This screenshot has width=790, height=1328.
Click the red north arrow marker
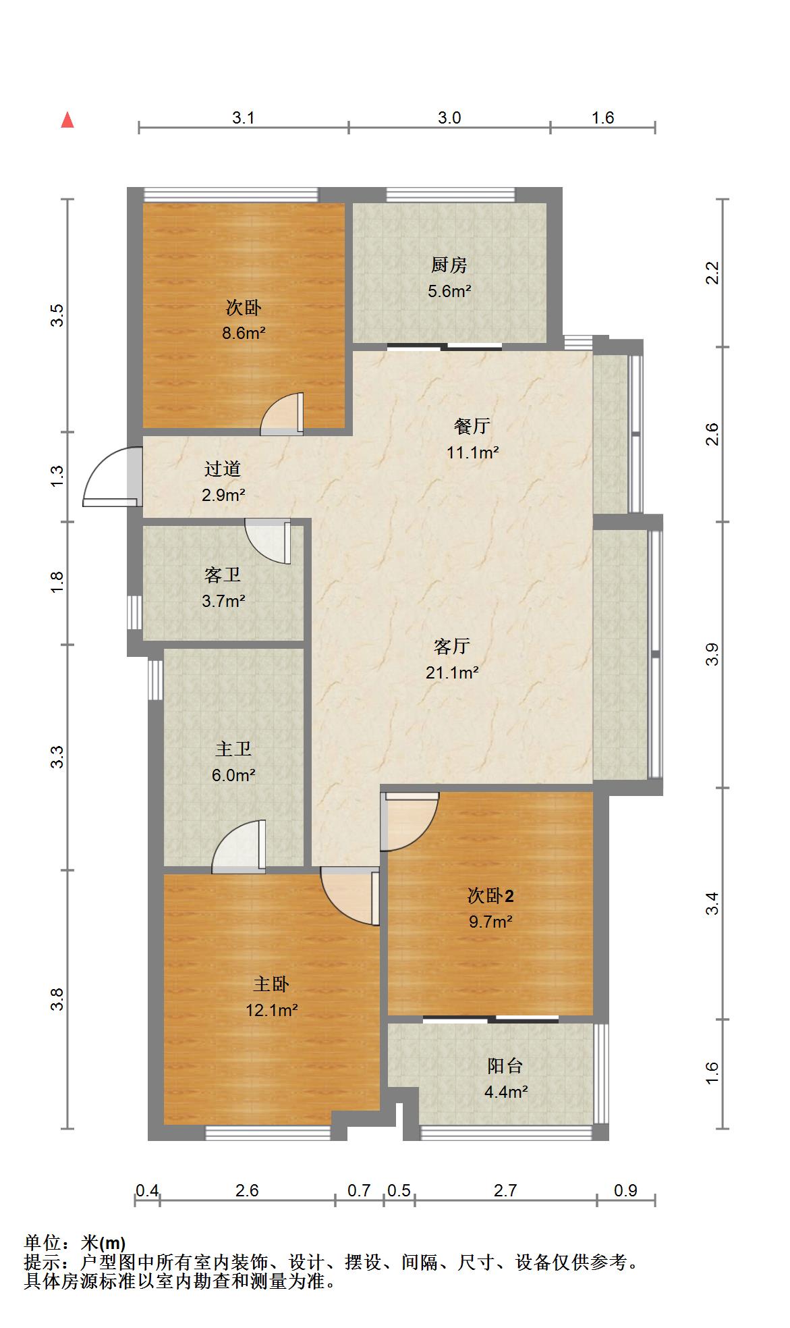(x=67, y=120)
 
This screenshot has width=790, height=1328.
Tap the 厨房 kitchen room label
(x=449, y=265)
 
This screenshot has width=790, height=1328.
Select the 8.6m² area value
(x=244, y=333)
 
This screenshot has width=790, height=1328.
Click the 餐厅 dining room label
(x=472, y=426)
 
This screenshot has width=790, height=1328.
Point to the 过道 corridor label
(x=223, y=469)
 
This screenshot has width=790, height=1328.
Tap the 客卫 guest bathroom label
(x=223, y=575)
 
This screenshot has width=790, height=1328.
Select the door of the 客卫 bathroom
(x=268, y=541)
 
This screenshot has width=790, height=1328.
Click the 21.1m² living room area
(x=452, y=672)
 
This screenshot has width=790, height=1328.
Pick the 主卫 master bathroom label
(x=233, y=749)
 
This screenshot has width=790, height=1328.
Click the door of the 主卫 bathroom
(x=239, y=846)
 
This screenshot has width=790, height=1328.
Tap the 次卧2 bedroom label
(x=491, y=896)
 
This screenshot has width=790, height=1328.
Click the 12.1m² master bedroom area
(x=272, y=1010)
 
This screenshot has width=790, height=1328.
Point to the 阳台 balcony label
(x=505, y=1066)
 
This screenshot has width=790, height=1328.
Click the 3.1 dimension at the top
(x=244, y=118)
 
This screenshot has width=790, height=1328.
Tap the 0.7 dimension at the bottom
(x=360, y=1190)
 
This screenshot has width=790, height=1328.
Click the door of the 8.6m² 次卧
(x=282, y=414)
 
